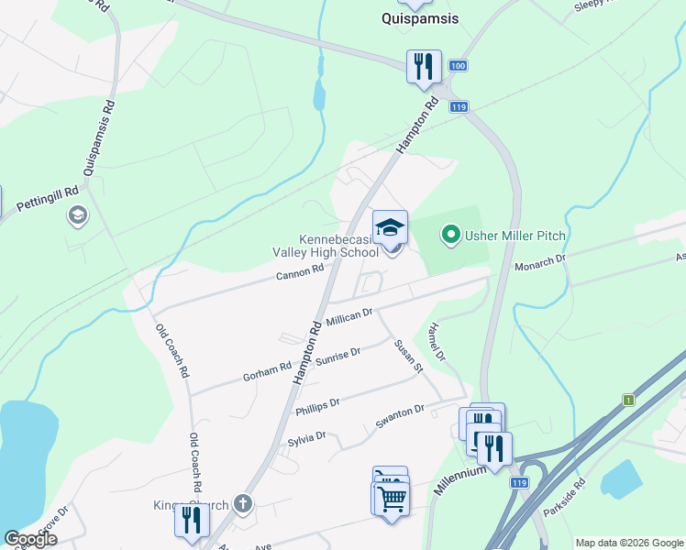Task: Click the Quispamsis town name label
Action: (x=419, y=17)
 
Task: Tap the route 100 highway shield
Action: (x=459, y=67)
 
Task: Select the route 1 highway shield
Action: (x=628, y=400)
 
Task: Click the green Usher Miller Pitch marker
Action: (x=450, y=236)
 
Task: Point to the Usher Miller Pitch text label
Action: (x=514, y=236)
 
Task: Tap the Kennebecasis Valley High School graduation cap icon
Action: (x=390, y=227)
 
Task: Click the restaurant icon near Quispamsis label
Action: (x=424, y=66)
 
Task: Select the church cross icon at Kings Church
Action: (x=242, y=502)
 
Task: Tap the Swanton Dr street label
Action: (x=400, y=417)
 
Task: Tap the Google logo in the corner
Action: (x=30, y=539)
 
